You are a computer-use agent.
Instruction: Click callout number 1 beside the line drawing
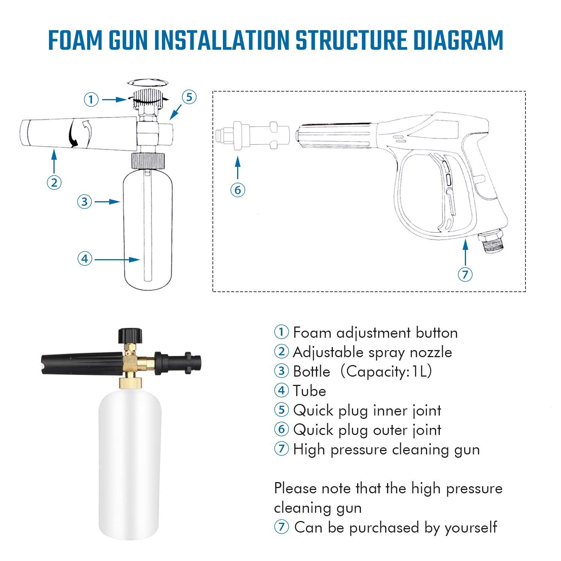[x=91, y=99]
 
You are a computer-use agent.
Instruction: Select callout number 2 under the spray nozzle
[x=54, y=183]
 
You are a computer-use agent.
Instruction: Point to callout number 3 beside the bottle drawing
[x=85, y=202]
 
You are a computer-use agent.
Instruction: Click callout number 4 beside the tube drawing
[x=85, y=259]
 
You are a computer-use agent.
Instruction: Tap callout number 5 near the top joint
[x=189, y=97]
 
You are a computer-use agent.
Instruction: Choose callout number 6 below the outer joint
[x=238, y=190]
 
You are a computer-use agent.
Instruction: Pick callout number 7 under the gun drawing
[x=465, y=275]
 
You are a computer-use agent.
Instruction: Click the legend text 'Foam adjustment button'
[x=375, y=333]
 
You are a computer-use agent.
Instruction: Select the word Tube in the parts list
[x=309, y=391]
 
